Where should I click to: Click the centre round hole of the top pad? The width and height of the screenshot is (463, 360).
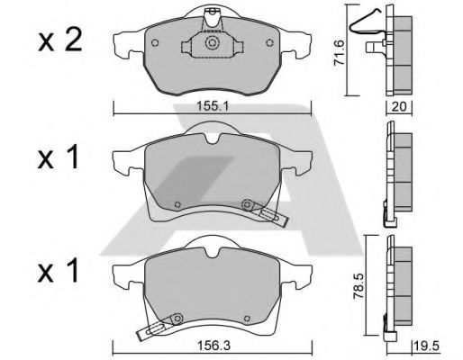[211, 42]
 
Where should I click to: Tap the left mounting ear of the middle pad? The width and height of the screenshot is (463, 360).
[123, 161]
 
